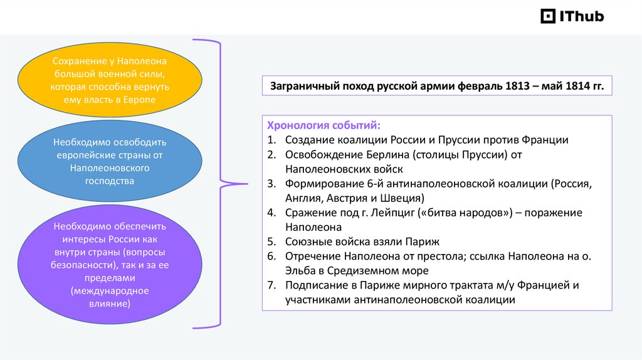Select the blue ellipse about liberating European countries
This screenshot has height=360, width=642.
point(110,162)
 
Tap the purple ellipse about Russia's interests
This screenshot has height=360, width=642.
point(110,264)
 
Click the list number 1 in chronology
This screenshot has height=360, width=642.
point(271,140)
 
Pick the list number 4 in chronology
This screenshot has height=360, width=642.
point(271,213)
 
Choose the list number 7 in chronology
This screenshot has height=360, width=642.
point(271,285)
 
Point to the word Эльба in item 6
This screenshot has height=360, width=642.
point(303,271)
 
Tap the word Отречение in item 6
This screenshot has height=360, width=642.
point(312,257)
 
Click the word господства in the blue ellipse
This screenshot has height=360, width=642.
point(110,181)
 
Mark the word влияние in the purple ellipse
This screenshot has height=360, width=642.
point(110,303)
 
